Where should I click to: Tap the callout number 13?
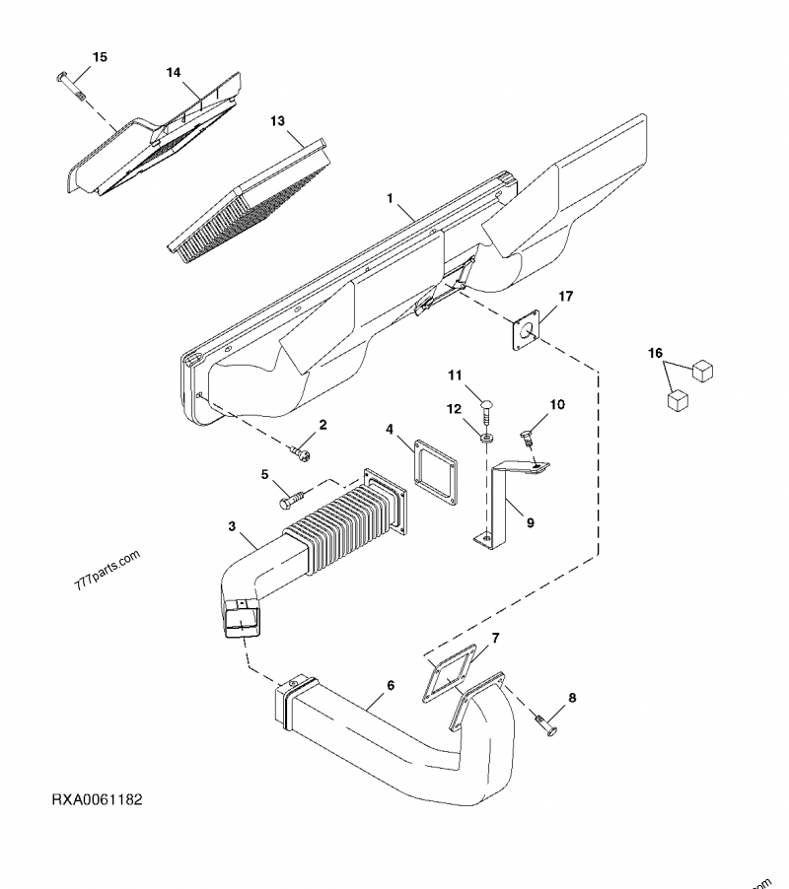click(277, 120)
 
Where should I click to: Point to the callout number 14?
click(173, 73)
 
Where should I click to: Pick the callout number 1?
click(391, 198)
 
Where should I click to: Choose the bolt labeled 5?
click(290, 499)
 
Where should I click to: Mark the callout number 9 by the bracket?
click(530, 523)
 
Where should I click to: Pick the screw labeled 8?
click(545, 726)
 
